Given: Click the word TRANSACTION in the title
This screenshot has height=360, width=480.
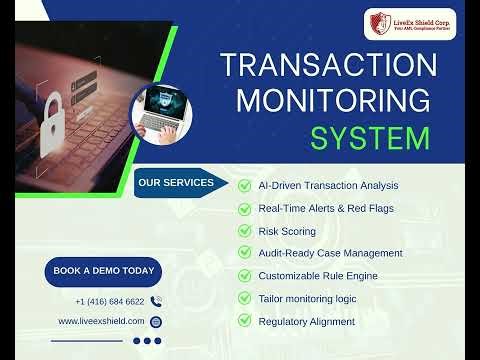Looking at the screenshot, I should click(x=328, y=66).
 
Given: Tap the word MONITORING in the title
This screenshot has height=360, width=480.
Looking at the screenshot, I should click(x=328, y=100).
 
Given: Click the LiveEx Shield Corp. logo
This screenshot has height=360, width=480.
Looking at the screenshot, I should click(x=404, y=22).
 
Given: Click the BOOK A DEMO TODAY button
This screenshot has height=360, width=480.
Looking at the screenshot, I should click(x=104, y=271).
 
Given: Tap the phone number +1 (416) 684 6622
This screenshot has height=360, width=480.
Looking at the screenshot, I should click(x=109, y=301).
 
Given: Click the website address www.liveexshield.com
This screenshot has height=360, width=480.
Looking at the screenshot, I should click(x=102, y=321).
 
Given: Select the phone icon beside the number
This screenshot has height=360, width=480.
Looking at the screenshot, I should click(x=156, y=301).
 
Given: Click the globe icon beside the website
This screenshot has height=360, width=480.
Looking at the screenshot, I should click(x=156, y=322).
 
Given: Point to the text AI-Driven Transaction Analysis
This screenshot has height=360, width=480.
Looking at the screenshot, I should click(x=328, y=185).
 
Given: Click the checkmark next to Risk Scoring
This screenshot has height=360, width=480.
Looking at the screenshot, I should click(x=244, y=231).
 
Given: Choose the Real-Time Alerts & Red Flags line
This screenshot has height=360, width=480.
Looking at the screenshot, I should click(x=325, y=208).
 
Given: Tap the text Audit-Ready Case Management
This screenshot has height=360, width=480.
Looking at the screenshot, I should click(x=330, y=253).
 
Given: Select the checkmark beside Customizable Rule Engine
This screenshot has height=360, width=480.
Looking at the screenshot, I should click(x=244, y=276).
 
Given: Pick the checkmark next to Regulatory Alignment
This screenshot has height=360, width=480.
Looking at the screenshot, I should click(x=244, y=321).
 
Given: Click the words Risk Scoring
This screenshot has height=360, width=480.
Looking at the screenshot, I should click(x=287, y=231).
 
